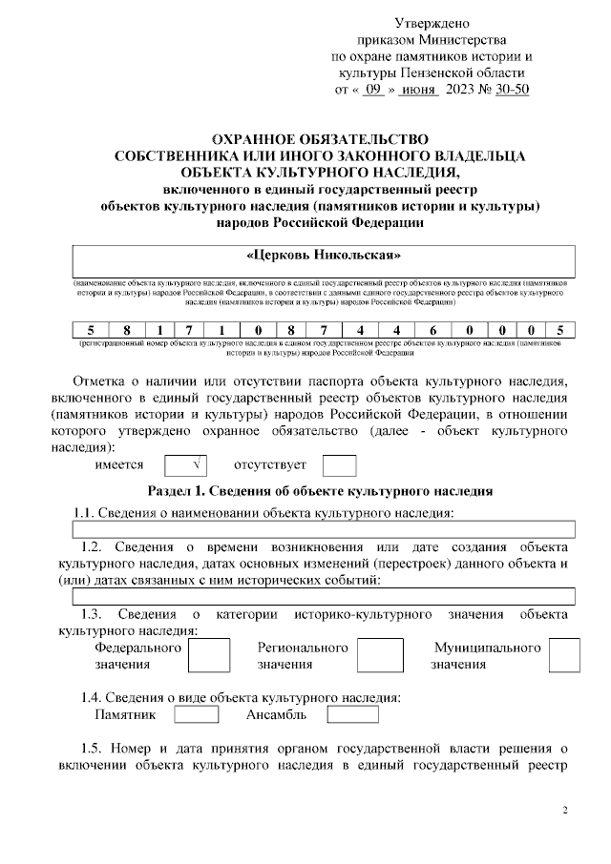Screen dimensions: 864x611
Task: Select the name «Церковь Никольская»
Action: tap(324, 256)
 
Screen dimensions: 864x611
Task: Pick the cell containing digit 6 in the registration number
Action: tap(432, 330)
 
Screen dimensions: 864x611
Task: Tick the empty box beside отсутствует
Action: tap(339, 465)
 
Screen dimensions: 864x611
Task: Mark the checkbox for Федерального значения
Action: tap(208, 655)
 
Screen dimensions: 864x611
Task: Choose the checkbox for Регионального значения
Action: tap(385, 655)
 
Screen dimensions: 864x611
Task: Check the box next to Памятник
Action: tap(197, 714)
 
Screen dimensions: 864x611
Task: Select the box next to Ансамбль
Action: tap(352, 714)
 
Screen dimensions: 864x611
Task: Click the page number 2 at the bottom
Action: tap(564, 812)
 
